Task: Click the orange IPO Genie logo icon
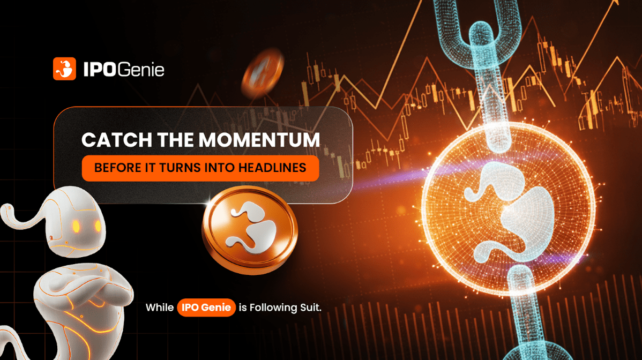click(x=64, y=69)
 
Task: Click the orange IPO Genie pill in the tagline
click(x=206, y=307)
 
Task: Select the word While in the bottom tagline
click(x=160, y=307)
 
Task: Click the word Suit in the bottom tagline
click(x=310, y=307)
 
